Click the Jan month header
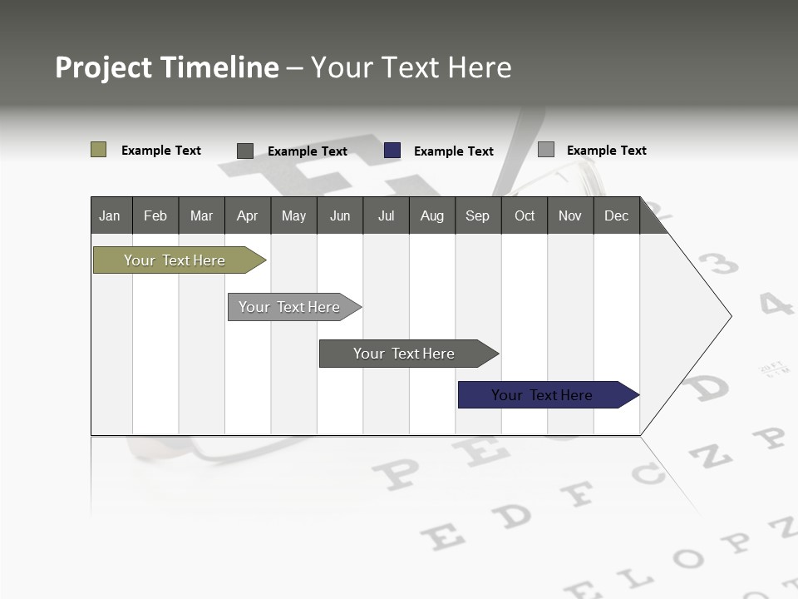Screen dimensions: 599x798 111,215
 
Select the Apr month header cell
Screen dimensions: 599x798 248,215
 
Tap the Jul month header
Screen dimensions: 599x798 386,215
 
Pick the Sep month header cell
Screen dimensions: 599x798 478,215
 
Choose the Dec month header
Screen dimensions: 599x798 616,215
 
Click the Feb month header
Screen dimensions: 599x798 155,215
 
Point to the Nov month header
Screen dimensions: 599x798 570,215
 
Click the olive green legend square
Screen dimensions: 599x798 98,150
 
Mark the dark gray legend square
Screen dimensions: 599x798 245,151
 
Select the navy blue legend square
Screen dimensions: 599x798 392,151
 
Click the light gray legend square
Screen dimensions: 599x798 546,150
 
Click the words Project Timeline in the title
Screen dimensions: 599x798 167,67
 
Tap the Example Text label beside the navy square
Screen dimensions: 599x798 454,151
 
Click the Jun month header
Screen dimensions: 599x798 340,215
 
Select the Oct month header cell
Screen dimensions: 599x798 525,215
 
